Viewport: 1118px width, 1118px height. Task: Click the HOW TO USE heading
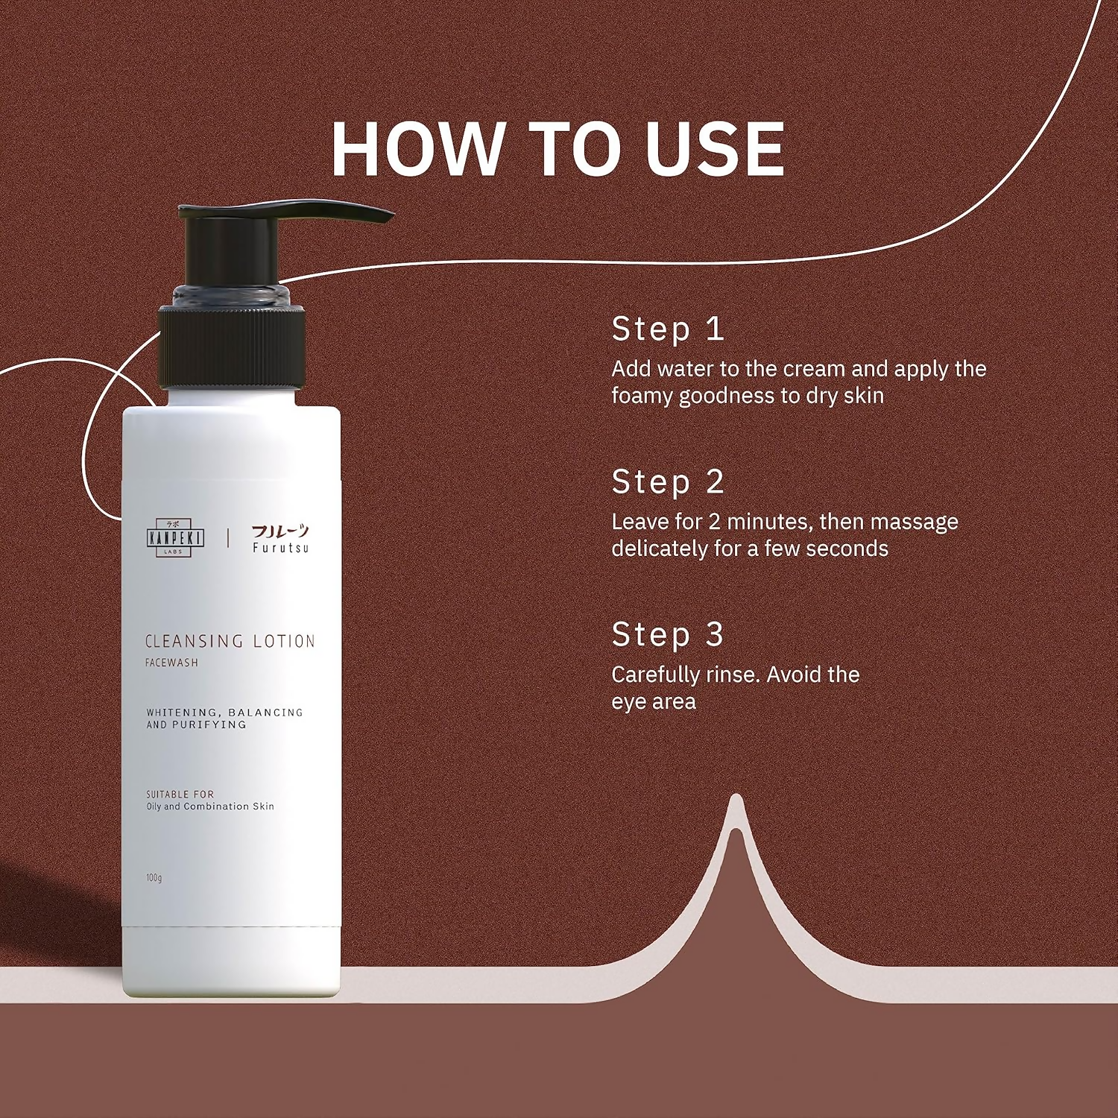point(558,148)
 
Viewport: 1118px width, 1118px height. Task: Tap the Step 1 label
point(667,329)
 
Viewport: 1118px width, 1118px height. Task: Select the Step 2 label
point(667,482)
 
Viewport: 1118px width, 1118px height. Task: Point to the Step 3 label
point(667,635)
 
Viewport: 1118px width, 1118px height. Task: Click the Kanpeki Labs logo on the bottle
point(175,537)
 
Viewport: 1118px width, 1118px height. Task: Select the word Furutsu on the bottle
point(280,548)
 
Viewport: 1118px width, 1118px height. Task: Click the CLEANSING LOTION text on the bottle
point(230,641)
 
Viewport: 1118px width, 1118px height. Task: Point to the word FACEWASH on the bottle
point(171,663)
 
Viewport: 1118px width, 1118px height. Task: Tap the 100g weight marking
point(154,878)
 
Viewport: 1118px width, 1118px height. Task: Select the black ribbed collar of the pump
point(231,347)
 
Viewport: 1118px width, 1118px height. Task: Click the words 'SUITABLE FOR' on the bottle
point(180,795)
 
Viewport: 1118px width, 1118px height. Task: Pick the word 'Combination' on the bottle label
point(216,806)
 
